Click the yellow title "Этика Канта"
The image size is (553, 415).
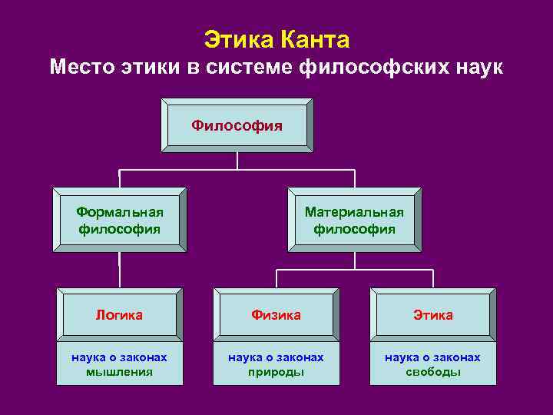pyautogui.click(x=276, y=39)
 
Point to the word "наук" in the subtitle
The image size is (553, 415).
pyautogui.click(x=478, y=68)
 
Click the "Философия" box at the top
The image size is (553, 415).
pyautogui.click(x=237, y=124)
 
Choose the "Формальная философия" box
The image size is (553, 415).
pyautogui.click(x=120, y=219)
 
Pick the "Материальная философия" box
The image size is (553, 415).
pyautogui.click(x=354, y=219)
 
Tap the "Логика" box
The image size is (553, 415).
pyautogui.click(x=119, y=315)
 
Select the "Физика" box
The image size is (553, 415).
pyautogui.click(x=276, y=315)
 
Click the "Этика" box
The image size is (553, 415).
pyautogui.click(x=433, y=315)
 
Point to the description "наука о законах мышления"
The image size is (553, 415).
pyautogui.click(x=119, y=364)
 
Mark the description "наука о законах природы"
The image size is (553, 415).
pyautogui.click(x=276, y=364)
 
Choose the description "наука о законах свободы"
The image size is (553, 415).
pyautogui.click(x=433, y=364)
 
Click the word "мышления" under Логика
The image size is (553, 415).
pyautogui.click(x=119, y=372)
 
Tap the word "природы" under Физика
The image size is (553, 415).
pyautogui.click(x=276, y=372)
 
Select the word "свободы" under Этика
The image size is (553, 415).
pyautogui.click(x=433, y=372)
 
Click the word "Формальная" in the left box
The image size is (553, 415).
pyautogui.click(x=120, y=211)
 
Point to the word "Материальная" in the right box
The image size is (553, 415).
pyautogui.click(x=354, y=211)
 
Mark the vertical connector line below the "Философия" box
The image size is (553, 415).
pyautogui.click(x=237, y=160)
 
